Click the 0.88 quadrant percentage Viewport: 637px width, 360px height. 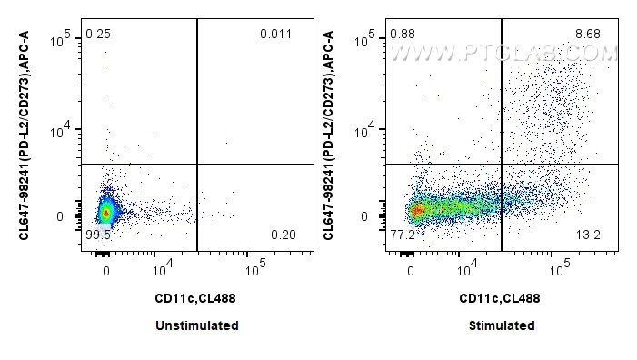(401, 35)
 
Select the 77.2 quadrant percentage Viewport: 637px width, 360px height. (401, 235)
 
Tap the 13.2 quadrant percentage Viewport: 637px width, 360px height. (587, 235)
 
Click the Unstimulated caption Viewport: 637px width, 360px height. (197, 325)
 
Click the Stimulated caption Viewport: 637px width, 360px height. (502, 325)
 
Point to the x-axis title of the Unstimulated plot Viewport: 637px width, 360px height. (197, 297)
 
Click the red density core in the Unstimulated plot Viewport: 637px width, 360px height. (105, 214)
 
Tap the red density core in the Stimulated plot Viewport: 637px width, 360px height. (417, 211)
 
